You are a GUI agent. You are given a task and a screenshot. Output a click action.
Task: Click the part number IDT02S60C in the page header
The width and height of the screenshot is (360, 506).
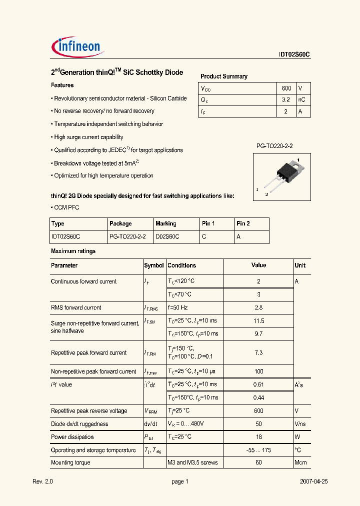(295, 55)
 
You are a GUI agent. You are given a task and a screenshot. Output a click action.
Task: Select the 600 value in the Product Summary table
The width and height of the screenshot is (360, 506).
(286, 88)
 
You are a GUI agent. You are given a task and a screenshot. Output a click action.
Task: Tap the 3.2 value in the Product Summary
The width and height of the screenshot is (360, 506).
(286, 99)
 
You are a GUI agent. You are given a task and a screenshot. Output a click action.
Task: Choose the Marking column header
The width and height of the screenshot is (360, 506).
(166, 223)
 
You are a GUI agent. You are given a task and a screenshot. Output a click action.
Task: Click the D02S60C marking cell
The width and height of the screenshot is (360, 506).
(167, 236)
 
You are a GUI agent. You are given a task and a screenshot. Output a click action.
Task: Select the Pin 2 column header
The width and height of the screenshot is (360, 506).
(243, 223)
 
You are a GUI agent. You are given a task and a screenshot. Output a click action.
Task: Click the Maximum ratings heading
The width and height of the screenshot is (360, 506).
(73, 251)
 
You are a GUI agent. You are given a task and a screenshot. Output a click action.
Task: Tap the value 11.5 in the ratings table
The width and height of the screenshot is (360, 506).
(258, 320)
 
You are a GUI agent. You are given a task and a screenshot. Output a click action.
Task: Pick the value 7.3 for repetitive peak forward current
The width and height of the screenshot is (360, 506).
(258, 352)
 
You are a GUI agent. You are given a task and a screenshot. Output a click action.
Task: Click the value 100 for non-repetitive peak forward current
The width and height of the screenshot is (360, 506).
(258, 371)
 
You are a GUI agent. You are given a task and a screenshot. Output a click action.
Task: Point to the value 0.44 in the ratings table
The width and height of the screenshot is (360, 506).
(258, 397)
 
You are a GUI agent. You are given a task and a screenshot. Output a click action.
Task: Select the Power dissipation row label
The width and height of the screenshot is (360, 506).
(72, 436)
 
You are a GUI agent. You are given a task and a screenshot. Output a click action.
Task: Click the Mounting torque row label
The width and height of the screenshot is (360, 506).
(70, 462)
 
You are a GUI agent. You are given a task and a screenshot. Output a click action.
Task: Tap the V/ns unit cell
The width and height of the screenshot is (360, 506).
(300, 423)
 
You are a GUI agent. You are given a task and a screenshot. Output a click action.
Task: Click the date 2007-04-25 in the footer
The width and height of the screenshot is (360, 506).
(314, 481)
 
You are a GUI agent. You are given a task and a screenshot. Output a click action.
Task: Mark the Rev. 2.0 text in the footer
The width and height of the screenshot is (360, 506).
(42, 481)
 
